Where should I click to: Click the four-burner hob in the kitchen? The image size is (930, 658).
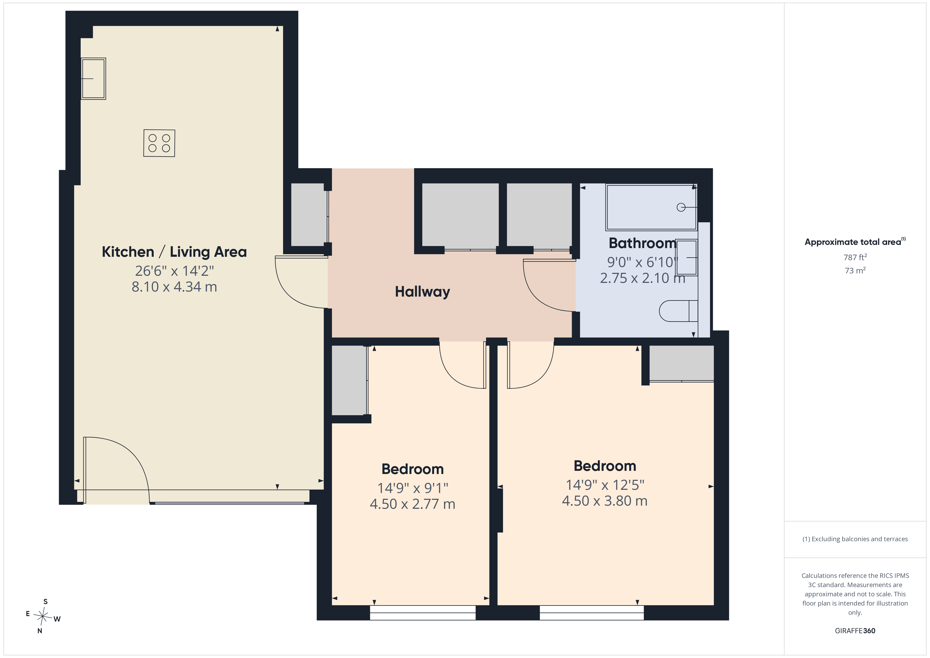[159, 143]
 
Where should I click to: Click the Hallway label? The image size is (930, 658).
[423, 292]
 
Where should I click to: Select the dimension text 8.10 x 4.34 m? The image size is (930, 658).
[174, 287]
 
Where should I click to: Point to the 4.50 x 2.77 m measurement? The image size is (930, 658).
[412, 504]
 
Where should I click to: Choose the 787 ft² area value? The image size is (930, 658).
[855, 257]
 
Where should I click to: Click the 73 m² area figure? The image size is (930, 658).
[855, 270]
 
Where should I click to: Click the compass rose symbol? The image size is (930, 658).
[42, 616]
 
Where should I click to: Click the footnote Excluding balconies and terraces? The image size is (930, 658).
[855, 539]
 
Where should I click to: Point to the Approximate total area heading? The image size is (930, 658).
[855, 242]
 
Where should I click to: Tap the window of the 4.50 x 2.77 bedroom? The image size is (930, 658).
[423, 613]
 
